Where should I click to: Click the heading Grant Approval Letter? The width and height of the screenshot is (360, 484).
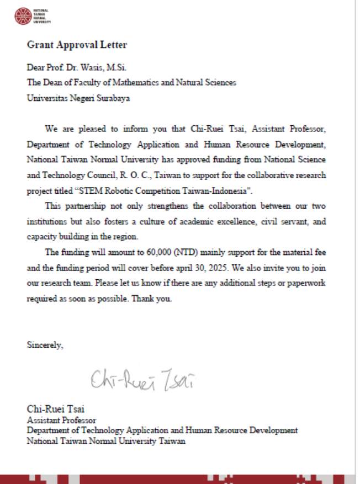point(77,45)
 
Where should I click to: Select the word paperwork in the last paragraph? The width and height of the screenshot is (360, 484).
point(306,283)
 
